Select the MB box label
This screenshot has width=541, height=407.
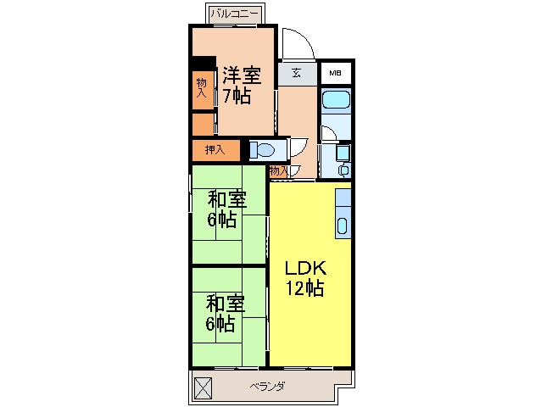(x=336, y=73)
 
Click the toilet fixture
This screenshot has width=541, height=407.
(x=262, y=151)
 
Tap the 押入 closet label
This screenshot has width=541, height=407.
(x=215, y=150)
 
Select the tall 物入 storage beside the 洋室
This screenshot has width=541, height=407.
(x=202, y=88)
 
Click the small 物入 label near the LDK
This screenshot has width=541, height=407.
(x=277, y=171)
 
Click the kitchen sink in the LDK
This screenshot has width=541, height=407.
(x=343, y=226)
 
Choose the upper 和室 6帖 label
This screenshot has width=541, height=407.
(x=227, y=209)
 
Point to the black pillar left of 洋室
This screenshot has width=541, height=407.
(x=203, y=63)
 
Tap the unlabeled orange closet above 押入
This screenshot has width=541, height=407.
(x=203, y=124)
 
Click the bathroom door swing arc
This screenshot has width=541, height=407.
(x=328, y=134)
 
